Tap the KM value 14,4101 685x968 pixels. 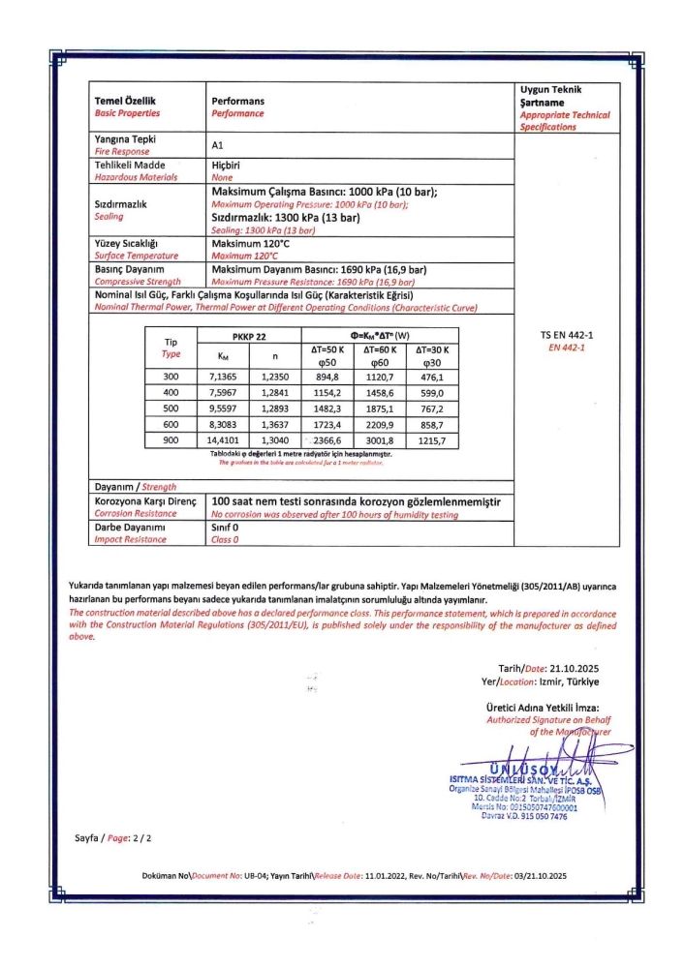[224, 440]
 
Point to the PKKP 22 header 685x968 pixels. [249, 335]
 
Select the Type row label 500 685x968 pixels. [171, 409]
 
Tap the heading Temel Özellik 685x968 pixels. [125, 101]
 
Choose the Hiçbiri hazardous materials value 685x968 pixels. [226, 166]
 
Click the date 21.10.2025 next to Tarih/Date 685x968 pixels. [581, 668]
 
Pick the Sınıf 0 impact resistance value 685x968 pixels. [225, 529]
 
